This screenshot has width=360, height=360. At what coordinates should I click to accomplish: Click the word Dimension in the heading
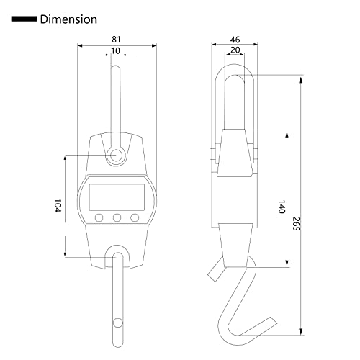tap(68, 19)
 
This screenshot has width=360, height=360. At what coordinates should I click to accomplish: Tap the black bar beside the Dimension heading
tap(24, 19)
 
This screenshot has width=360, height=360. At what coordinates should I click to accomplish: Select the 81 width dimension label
tap(116, 39)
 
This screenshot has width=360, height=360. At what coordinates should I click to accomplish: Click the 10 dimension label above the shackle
tap(116, 51)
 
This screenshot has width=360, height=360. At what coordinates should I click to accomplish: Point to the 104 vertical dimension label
tap(58, 205)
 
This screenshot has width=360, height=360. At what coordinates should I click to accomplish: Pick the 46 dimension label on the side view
tap(235, 40)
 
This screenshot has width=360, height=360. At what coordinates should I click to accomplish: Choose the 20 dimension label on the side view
tap(235, 50)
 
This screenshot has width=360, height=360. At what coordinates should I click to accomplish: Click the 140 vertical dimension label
tap(282, 207)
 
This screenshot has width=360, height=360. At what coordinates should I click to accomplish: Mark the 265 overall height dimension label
tap(297, 224)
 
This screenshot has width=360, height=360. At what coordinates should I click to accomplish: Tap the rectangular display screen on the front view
tap(117, 197)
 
